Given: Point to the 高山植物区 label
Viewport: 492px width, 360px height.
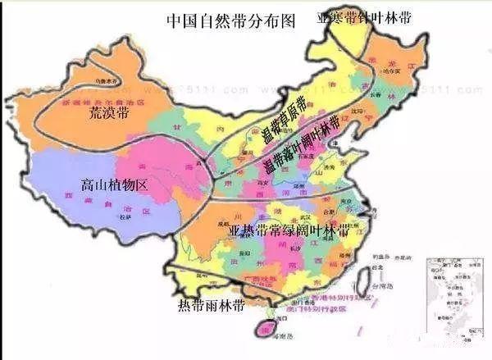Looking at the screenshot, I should [x=115, y=185].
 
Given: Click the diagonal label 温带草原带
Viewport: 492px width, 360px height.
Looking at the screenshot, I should [x=282, y=121].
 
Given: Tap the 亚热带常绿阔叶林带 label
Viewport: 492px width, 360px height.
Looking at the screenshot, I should [x=288, y=230].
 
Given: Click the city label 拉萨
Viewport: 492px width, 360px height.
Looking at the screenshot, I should [x=125, y=218].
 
